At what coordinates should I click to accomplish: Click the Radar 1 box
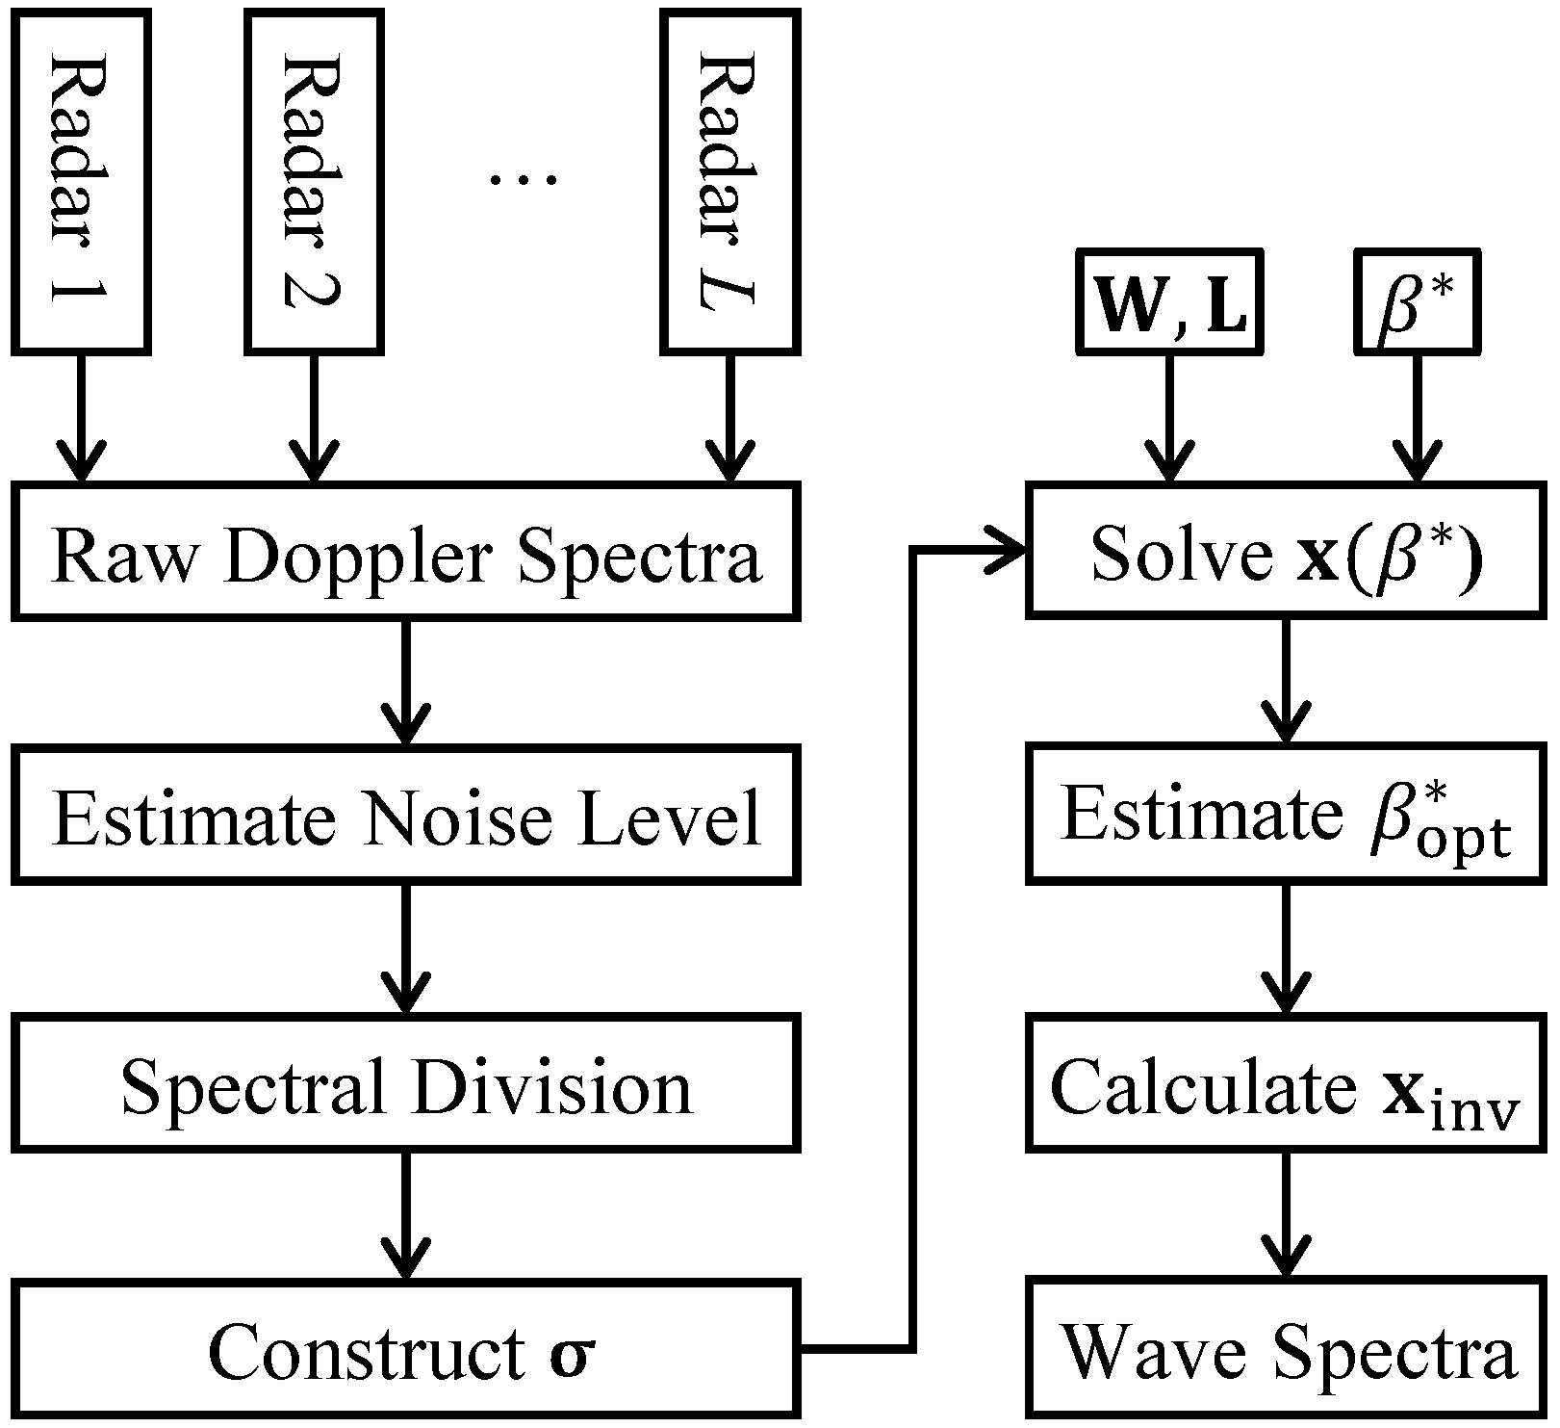point(80,180)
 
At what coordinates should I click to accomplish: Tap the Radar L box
point(729,180)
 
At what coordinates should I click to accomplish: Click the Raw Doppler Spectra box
point(405,553)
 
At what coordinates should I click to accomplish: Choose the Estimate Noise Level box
point(405,816)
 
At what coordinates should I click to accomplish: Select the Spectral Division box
point(405,1083)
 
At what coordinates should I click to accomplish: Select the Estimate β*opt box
point(1287,814)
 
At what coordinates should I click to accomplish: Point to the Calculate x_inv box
point(1287,1083)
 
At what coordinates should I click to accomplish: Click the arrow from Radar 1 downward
point(80,419)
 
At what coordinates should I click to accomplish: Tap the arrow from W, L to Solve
point(1169,419)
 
